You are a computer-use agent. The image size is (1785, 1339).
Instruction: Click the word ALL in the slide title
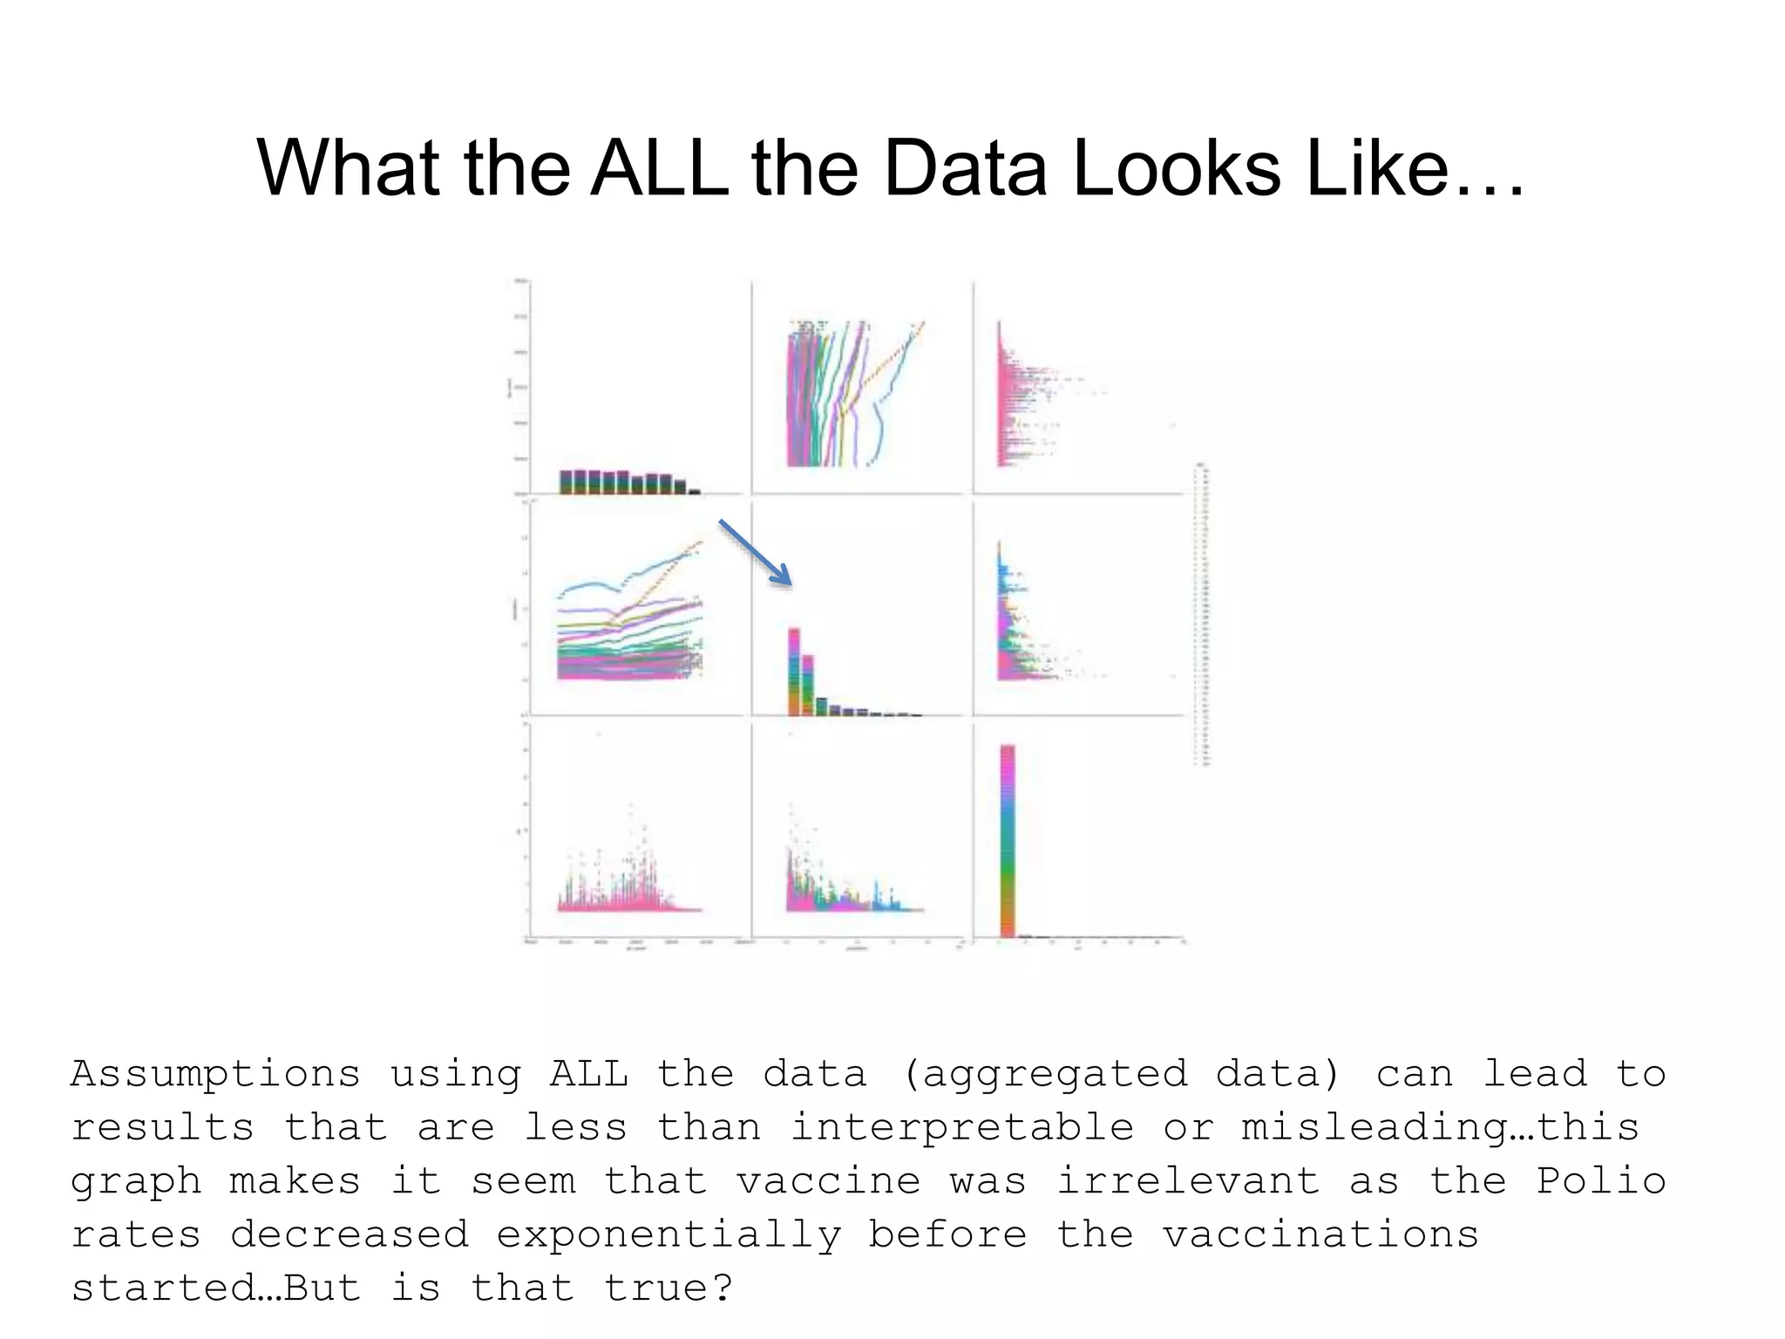coord(659,167)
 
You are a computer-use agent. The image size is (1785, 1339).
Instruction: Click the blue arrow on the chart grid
coord(755,552)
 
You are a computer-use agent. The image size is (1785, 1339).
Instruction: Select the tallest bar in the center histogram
coord(794,671)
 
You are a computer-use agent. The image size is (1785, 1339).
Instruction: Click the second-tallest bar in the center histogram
coord(808,684)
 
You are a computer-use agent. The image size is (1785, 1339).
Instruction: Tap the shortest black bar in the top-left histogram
coord(695,492)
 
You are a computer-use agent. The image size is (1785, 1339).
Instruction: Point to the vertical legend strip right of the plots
coord(1202,615)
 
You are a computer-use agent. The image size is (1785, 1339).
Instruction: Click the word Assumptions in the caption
coord(215,1074)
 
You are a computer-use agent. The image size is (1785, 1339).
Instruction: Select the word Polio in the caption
coord(1600,1181)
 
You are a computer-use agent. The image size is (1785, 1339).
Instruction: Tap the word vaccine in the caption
coord(828,1181)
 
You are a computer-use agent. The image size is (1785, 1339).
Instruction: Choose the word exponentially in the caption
coord(668,1235)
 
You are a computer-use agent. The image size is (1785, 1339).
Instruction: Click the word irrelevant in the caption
coord(1188,1181)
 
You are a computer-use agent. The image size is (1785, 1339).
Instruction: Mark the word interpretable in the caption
coord(961,1128)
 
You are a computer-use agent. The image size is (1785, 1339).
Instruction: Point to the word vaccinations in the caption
coord(1320,1235)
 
